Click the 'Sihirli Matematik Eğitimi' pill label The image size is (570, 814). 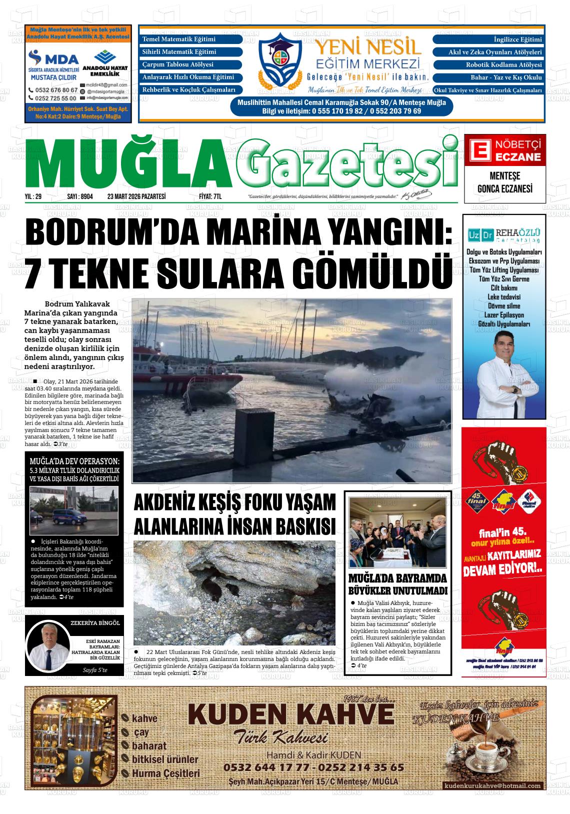[190, 52]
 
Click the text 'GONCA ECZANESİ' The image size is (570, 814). [504, 188]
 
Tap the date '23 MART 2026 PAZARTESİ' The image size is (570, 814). [136, 197]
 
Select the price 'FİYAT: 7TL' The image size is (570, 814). [210, 197]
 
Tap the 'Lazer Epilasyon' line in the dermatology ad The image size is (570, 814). [504, 315]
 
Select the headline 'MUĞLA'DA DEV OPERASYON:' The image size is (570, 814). [74, 461]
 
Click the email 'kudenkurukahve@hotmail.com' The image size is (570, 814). [492, 785]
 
